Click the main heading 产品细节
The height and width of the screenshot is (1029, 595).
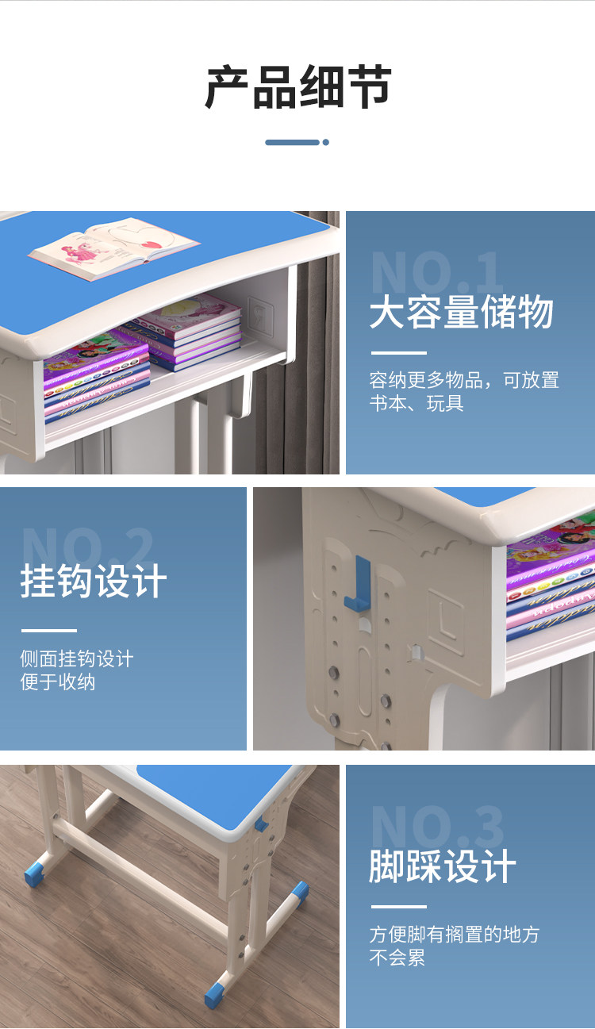297,87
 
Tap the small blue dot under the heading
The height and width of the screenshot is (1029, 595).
325,143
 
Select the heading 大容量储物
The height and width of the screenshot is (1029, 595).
461,313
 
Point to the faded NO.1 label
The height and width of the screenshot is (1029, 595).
436,273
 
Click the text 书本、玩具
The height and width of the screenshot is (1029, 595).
416,403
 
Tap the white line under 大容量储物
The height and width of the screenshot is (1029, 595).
398,353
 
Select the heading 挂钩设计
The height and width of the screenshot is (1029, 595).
94,581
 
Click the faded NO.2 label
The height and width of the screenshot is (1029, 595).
87,546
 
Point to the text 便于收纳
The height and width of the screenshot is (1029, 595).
58,682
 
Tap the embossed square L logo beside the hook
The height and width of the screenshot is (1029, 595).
445,617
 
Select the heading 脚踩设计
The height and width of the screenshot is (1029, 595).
442,866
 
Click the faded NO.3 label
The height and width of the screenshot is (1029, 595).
436,827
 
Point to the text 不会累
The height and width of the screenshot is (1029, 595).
397,958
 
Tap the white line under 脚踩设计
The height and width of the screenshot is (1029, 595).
398,907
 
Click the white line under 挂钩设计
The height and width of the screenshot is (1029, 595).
48,631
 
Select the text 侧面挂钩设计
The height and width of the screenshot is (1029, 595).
76,658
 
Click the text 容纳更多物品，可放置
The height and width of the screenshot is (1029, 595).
464,380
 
